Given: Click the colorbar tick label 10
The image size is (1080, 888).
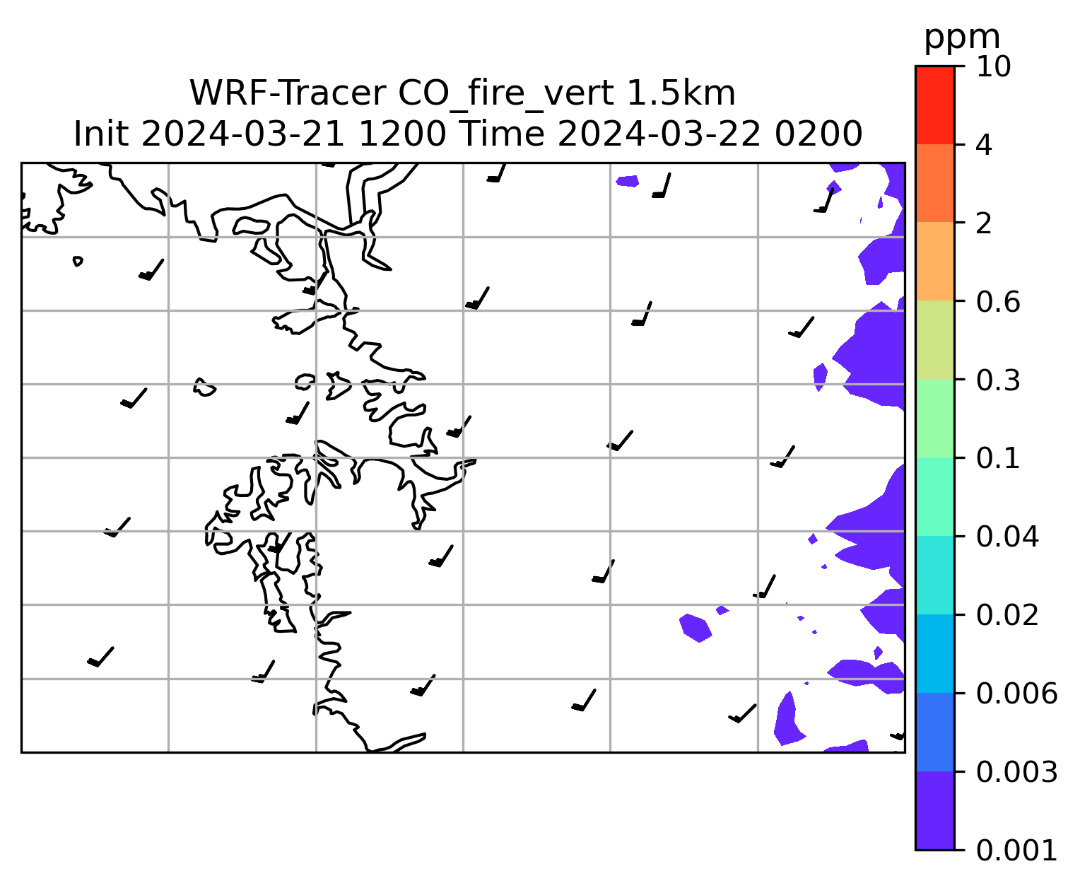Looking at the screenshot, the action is tap(993, 66).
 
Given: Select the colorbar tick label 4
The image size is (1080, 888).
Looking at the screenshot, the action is tap(984, 145).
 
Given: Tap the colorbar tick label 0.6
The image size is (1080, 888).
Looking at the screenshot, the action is tap(998, 302).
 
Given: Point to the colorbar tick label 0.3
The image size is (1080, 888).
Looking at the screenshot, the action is tap(998, 380).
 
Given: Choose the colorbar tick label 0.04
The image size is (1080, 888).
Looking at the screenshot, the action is tap(1007, 537).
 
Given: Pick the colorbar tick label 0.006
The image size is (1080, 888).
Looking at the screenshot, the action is tap(1016, 694).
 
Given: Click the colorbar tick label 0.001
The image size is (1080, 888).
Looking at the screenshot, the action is tap(1016, 851).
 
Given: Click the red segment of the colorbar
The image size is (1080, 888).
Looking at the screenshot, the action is tap(935, 105).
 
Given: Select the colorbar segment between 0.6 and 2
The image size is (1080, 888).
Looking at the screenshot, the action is tap(935, 261).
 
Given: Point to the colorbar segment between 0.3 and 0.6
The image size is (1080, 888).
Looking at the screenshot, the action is tap(935, 339).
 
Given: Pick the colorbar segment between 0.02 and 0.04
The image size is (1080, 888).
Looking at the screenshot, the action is tap(935, 575).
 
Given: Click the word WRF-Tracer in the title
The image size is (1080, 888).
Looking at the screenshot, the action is tap(287, 93).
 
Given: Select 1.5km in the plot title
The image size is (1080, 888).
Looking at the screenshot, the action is tap(681, 93).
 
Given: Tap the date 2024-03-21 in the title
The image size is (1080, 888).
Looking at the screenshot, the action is tap(242, 134).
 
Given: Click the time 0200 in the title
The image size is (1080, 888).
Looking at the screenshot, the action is tap(818, 134).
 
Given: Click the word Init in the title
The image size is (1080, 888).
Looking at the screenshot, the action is tap(101, 134).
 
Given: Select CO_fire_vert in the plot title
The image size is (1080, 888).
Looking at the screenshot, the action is tap(505, 95).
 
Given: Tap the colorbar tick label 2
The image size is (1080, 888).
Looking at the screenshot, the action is tap(984, 223).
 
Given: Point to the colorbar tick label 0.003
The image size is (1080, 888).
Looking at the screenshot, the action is tap(1016, 772).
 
